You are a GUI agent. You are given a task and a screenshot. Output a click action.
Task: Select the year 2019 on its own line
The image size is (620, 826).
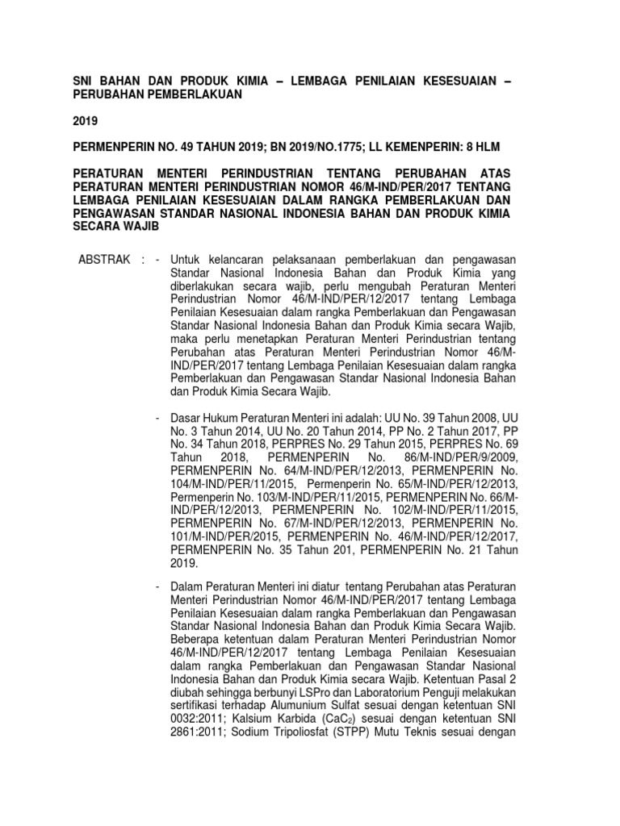[x=85, y=122]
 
